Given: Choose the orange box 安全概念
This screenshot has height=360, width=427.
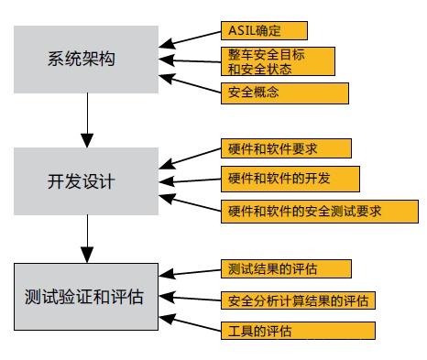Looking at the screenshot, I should (284, 93).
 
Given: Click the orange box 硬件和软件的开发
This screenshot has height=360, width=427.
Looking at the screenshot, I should (290, 177).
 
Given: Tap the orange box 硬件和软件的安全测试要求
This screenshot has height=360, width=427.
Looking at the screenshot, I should (315, 210).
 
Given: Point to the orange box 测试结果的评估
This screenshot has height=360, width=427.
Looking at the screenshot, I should (285, 268).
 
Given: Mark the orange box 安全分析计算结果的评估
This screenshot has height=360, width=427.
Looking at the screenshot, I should (299, 300).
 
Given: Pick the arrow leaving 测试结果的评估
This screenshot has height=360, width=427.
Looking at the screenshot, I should (195, 271).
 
